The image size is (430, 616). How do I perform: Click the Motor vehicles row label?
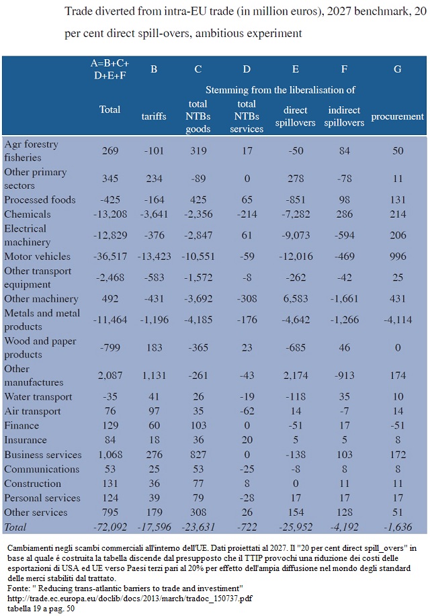click(x=38, y=257)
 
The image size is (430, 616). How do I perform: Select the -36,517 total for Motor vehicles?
click(x=110, y=257)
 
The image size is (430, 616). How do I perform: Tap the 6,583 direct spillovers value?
click(x=296, y=299)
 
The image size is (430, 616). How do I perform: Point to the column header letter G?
click(x=397, y=69)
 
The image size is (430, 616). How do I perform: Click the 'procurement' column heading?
click(x=397, y=116)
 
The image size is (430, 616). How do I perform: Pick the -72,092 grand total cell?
click(x=110, y=527)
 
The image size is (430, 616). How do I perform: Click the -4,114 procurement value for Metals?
click(x=398, y=320)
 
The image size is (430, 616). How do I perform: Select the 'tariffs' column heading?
click(x=154, y=116)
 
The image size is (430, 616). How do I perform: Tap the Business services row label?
click(x=43, y=455)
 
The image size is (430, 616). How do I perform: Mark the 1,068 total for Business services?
click(x=110, y=455)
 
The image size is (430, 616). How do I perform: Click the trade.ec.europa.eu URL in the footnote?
click(x=130, y=599)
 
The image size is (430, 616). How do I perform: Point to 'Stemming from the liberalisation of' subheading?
click(x=280, y=90)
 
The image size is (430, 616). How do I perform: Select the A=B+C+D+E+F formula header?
click(x=110, y=69)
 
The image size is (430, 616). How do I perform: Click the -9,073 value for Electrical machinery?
click(x=296, y=235)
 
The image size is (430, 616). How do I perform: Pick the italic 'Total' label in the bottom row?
click(x=15, y=527)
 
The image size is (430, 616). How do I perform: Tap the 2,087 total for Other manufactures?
click(x=110, y=376)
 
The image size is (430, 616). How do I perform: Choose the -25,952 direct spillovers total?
click(x=296, y=527)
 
